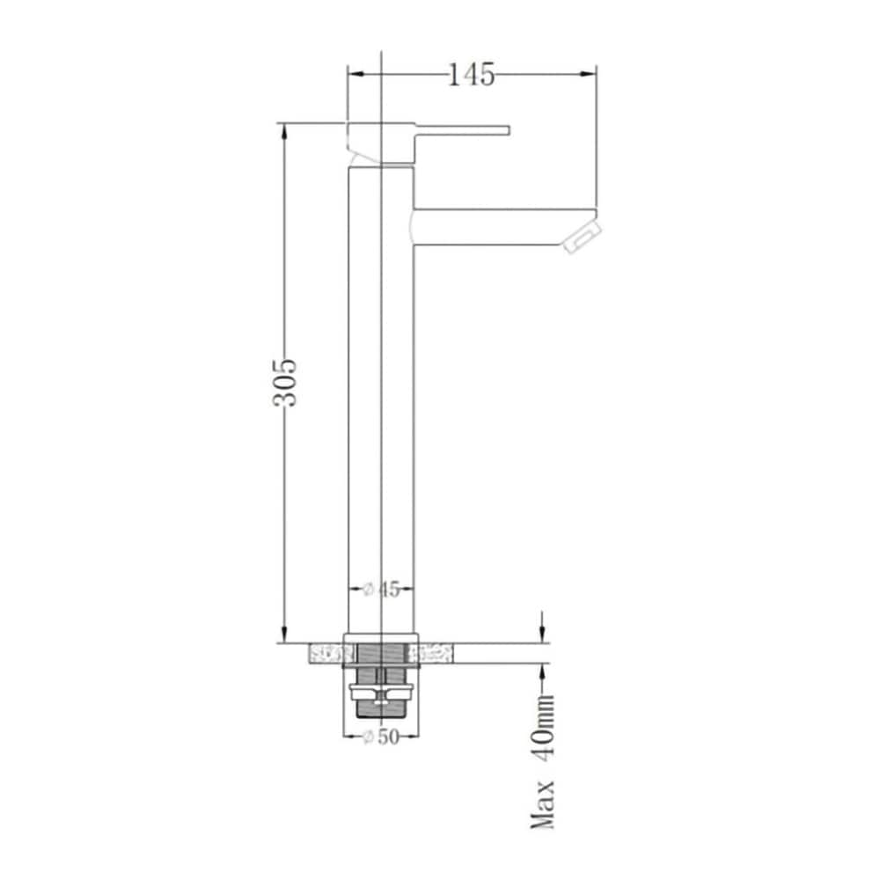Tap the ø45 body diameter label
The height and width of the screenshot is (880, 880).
tap(382, 590)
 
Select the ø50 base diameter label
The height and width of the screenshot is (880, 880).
tap(381, 737)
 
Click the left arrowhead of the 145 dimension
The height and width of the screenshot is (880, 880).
tap(356, 75)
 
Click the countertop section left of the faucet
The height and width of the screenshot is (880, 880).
tap(326, 654)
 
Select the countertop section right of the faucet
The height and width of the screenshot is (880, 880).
tap(435, 654)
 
